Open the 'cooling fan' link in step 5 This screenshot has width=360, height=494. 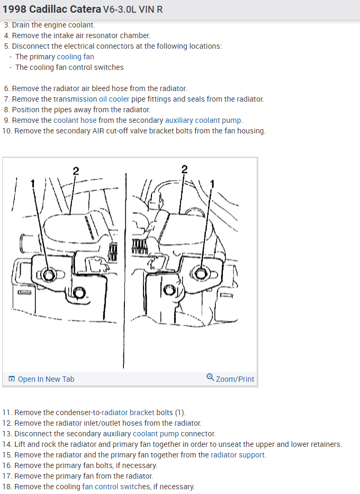click(75, 57)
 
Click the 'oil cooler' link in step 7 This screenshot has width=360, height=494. click(114, 99)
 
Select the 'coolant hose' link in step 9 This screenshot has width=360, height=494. click(75, 120)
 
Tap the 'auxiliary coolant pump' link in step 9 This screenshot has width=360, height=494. click(203, 120)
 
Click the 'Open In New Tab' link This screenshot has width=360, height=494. click(46, 379)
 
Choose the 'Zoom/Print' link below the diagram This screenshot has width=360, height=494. click(235, 379)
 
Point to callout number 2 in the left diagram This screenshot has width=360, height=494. click(76, 170)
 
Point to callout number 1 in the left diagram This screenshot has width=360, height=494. click(33, 183)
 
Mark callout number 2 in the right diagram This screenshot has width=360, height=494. click(184, 169)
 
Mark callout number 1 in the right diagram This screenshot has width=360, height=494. click(213, 184)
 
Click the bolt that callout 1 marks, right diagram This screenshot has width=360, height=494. click(200, 273)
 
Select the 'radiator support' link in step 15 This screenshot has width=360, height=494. click(238, 455)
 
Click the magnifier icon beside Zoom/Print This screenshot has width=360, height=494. click(210, 378)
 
